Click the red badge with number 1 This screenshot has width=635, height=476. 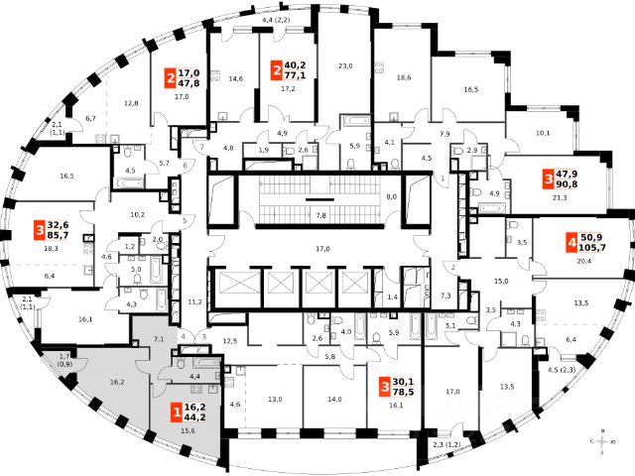[x=178, y=414]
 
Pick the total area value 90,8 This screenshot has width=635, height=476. [x=568, y=184]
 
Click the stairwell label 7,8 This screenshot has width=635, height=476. [x=320, y=215]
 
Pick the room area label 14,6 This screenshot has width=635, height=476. [x=235, y=78]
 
